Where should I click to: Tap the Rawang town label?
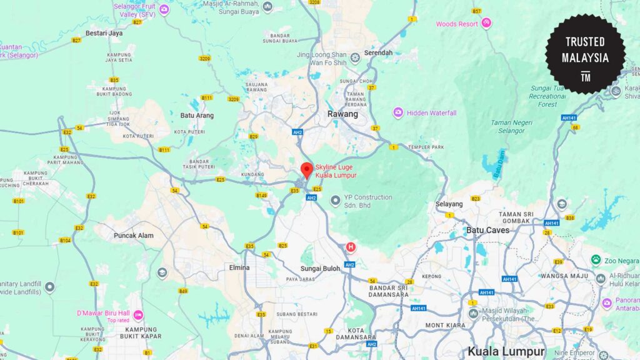point(343,114)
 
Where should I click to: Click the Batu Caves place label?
point(488,230)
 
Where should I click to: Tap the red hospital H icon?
point(351,247)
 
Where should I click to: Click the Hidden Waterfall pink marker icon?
point(398,112)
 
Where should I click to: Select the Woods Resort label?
point(456,24)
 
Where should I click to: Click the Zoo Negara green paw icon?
point(596,259)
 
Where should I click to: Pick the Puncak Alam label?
point(133,236)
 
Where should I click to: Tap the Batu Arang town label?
point(197,116)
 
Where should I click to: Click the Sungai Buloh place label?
point(320,268)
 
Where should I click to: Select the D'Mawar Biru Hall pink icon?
point(139,314)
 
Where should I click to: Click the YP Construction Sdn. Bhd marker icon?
point(336,201)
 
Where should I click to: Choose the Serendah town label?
point(379,53)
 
